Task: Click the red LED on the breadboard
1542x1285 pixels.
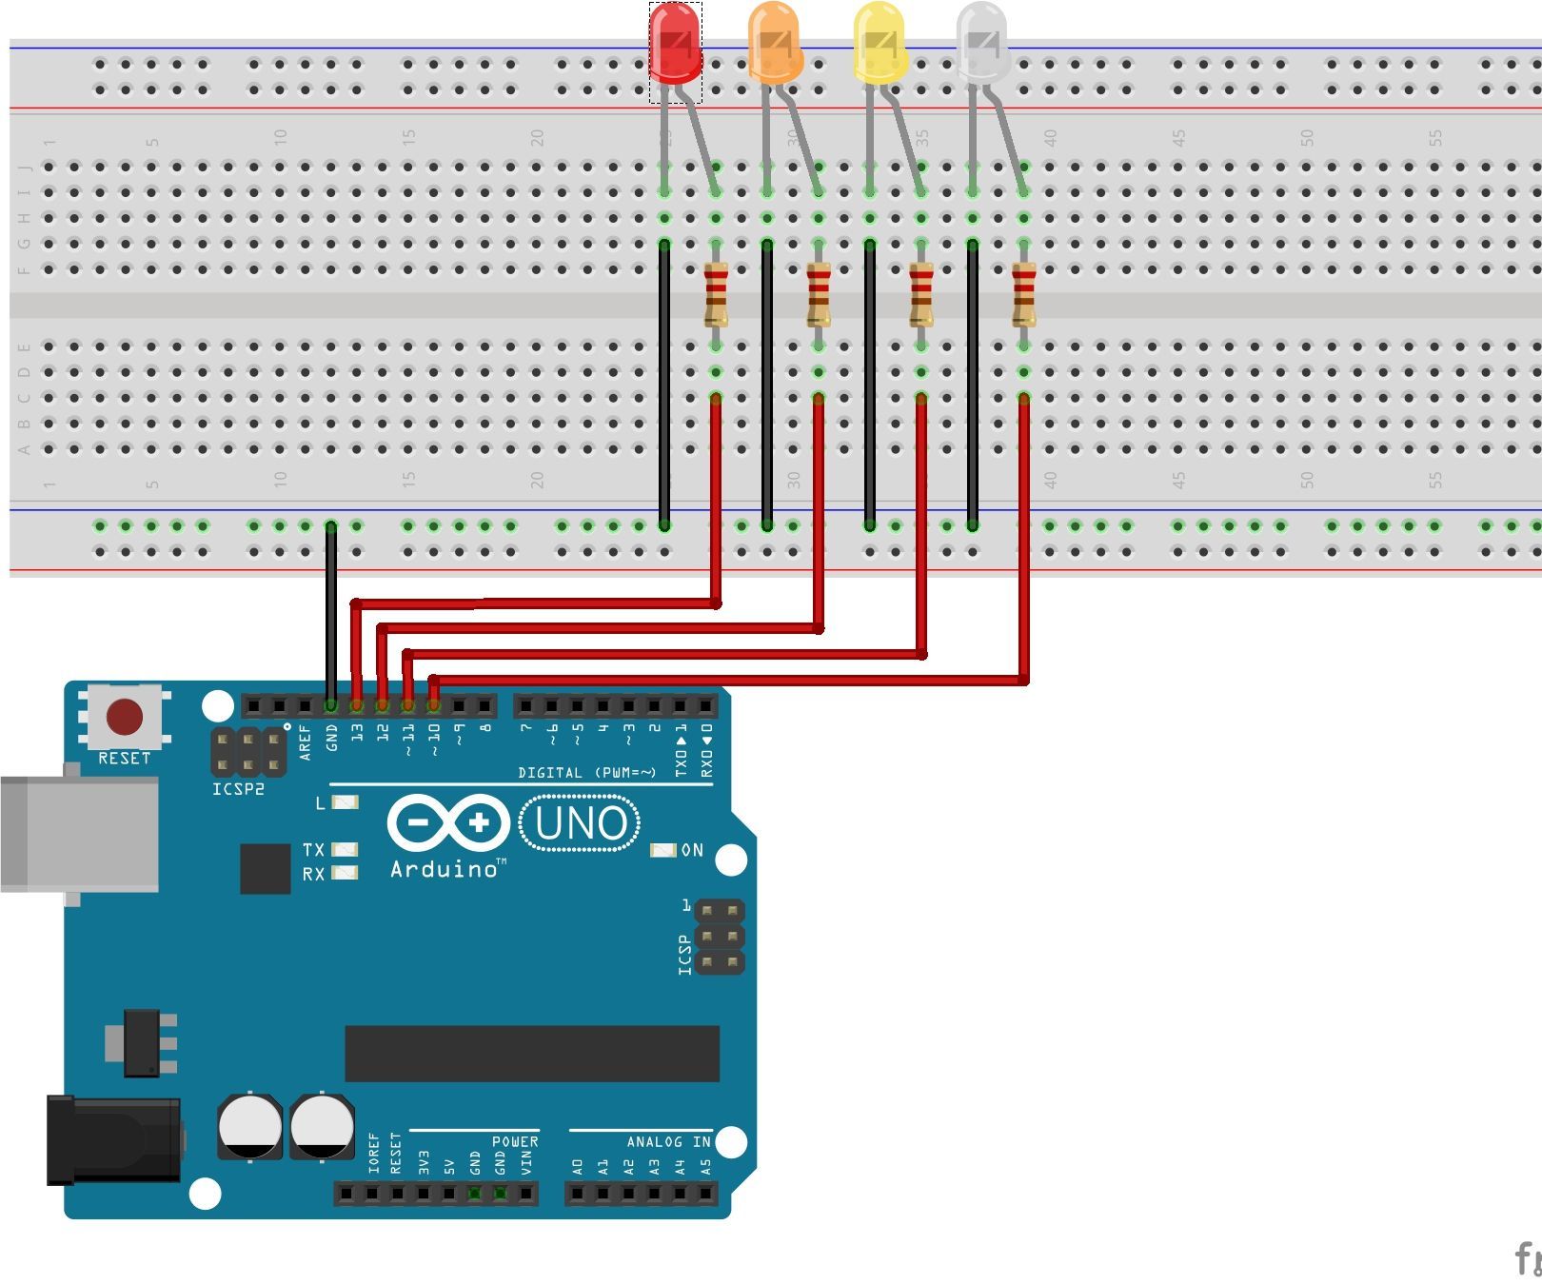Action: coord(675,44)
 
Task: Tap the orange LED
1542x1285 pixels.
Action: coord(775,44)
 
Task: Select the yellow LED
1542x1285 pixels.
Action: coord(878,44)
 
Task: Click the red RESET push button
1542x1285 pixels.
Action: coord(125,717)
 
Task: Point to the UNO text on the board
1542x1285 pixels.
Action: coord(580,823)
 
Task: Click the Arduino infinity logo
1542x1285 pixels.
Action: coord(448,822)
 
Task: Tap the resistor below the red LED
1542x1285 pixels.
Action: coord(716,295)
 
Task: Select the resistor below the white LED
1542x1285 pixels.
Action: coord(1024,295)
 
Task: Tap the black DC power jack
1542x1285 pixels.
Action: coord(114,1139)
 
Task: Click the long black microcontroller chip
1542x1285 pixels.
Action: coord(531,1053)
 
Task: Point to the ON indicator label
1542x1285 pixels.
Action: coord(692,850)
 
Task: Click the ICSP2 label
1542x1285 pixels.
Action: coord(238,789)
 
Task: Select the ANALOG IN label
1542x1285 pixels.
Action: coord(668,1141)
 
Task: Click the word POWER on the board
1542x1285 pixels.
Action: coord(515,1141)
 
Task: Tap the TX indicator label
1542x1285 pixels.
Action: coord(313,849)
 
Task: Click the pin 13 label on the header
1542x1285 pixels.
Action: coord(357,733)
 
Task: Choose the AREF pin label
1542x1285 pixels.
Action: coord(306,741)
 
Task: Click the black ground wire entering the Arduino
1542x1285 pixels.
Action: coord(330,619)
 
